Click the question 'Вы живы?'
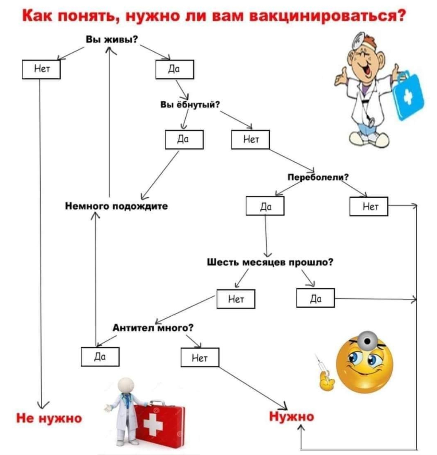click(x=112, y=39)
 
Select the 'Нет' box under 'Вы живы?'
click(x=41, y=69)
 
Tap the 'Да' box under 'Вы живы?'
click(x=175, y=69)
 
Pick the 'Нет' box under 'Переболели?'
click(x=369, y=206)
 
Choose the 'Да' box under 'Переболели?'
click(x=265, y=206)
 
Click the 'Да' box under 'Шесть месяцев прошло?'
click(x=315, y=298)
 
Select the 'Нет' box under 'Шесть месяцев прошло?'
click(x=236, y=299)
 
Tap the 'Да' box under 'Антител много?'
click(x=100, y=357)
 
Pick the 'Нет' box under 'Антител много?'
click(x=200, y=357)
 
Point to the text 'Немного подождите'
click(x=117, y=206)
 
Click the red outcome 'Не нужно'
click(x=49, y=418)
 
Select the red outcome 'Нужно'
click(x=292, y=416)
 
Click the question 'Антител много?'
click(x=153, y=328)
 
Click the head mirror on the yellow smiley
click(x=368, y=341)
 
